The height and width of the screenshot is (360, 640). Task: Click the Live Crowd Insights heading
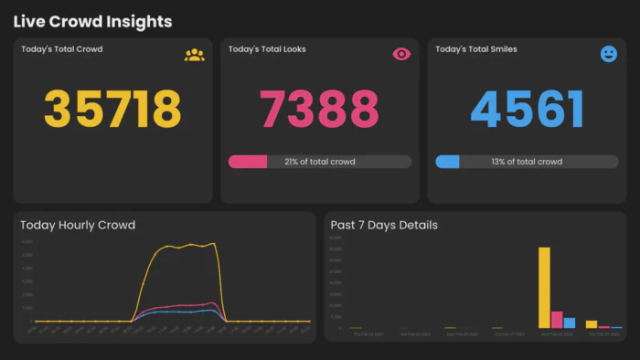coord(92,21)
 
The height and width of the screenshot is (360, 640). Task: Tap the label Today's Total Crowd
coord(62,49)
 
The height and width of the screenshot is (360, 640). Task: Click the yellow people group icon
coord(194,55)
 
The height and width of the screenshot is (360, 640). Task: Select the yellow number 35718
coord(113,109)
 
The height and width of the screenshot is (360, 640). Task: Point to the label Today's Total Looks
coord(267,49)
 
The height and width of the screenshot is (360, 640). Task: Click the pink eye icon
coord(401,55)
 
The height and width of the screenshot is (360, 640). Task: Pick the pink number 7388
coord(319,109)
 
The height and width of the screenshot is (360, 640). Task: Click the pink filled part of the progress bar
coord(247,162)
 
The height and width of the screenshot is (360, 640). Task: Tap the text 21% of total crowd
coord(319,162)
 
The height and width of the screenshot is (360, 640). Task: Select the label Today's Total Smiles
coord(476,49)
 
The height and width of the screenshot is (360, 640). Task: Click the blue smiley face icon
coord(609,55)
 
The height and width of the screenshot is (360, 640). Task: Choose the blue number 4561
coord(527,109)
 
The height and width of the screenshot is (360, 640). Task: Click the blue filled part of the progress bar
coord(447,162)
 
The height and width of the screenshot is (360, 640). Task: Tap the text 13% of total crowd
coord(527,162)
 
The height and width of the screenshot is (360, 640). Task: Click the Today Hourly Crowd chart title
coord(78,225)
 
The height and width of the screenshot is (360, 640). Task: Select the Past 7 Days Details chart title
coord(384,225)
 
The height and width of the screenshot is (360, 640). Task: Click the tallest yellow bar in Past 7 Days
coord(544,288)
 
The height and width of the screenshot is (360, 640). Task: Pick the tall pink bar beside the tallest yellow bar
coord(557,320)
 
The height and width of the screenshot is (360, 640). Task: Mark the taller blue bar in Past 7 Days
coord(570,323)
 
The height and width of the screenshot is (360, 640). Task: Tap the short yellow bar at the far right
coord(592,323)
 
